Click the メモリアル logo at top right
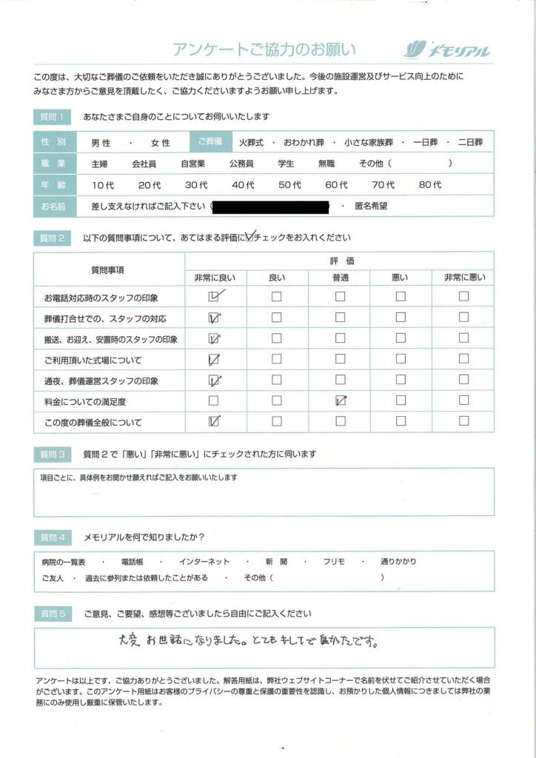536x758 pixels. click(446, 50)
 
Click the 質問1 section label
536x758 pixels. click(53, 117)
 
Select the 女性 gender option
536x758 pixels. click(161, 143)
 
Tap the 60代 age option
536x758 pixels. click(336, 185)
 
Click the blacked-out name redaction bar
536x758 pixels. click(270, 206)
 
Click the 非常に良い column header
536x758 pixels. click(215, 278)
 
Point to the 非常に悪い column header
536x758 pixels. click(464, 278)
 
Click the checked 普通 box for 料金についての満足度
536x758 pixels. click(341, 401)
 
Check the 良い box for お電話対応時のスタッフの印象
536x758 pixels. click(276, 297)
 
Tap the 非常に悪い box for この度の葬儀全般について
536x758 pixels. click(463, 422)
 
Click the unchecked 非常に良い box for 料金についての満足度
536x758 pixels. click(214, 401)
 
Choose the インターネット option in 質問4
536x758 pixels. click(204, 563)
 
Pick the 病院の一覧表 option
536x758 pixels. click(64, 563)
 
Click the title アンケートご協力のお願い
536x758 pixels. click(264, 50)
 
